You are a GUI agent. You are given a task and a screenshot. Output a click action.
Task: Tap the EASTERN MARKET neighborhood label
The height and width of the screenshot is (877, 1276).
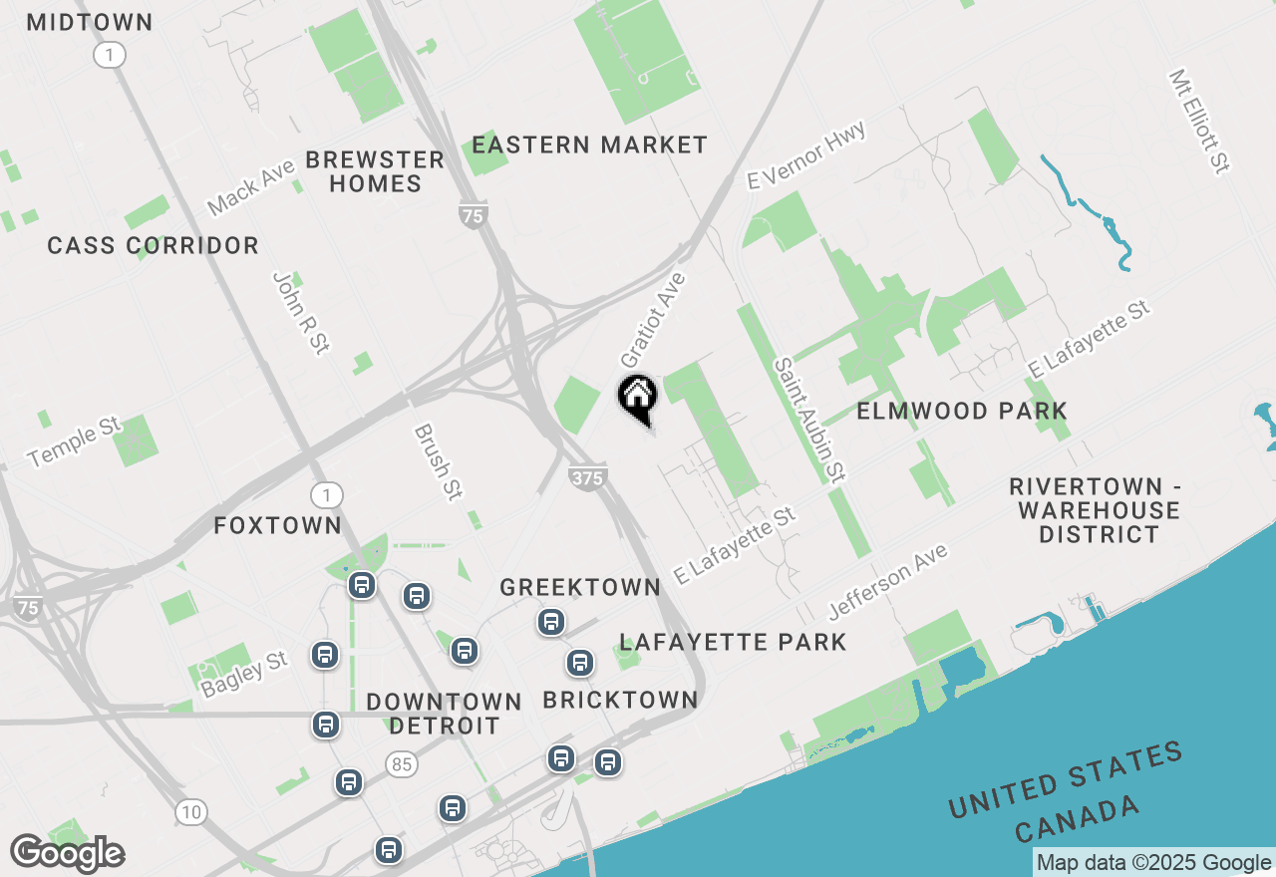coord(589,146)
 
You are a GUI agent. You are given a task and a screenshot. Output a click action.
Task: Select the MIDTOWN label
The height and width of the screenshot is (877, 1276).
coord(90,22)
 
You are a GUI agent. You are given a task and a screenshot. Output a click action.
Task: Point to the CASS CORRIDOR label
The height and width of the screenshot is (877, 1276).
coord(153,245)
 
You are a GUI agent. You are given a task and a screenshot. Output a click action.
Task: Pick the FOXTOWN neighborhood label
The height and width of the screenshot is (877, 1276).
coord(277,525)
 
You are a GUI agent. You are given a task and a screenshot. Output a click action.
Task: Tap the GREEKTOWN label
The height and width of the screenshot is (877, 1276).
coord(580,587)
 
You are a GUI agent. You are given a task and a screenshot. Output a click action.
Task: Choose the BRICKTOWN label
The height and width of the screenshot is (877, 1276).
coord(620,701)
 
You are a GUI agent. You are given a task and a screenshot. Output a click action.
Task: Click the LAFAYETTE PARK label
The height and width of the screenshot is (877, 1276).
coord(733,642)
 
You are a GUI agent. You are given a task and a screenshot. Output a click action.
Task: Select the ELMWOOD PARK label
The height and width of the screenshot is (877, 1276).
coord(962,411)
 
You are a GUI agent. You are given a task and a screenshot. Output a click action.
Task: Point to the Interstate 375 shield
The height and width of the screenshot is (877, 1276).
coord(588,477)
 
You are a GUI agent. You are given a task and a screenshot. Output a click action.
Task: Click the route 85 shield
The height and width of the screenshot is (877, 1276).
coord(403,765)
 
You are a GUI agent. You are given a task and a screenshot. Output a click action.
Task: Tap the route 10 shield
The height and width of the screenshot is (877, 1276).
coord(191,812)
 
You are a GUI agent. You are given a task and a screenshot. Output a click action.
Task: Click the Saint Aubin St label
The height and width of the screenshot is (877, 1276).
coord(809,420)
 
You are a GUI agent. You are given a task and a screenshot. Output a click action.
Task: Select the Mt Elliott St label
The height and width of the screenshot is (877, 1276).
coord(1199,121)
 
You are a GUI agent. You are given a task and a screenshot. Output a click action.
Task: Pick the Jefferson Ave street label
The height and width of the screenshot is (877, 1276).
coord(887,581)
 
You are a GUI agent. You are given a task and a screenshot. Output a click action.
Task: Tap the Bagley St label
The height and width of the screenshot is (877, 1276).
coord(244,675)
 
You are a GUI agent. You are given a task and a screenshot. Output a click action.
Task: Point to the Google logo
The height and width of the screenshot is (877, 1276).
coord(67,854)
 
